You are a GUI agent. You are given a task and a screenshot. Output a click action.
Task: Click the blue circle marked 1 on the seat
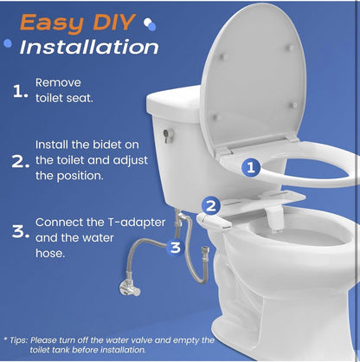click(249, 167)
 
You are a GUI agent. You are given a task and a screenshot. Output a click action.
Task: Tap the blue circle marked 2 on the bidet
click(210, 206)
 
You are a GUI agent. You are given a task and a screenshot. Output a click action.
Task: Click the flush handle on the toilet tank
click(168, 134)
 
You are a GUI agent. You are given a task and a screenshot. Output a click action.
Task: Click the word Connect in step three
click(61, 223)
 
